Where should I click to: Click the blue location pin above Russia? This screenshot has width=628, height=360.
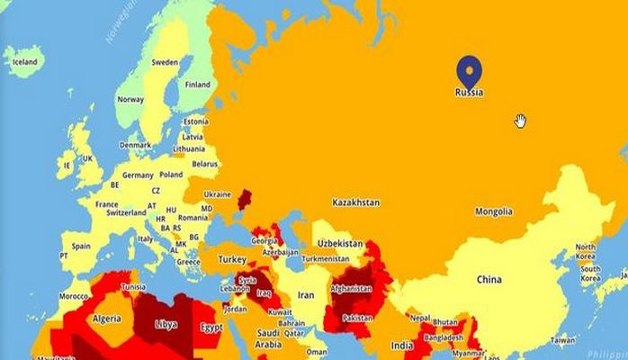point(469,70)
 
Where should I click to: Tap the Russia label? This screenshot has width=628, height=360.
point(469,92)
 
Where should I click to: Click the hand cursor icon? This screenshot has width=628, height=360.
point(520,121)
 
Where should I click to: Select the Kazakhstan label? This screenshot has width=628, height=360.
point(355,202)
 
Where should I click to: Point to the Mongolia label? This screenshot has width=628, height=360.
point(494,211)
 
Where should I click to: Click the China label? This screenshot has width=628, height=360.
point(489,280)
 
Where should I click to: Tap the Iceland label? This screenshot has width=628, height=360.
point(24,62)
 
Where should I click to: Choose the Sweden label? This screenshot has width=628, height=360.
point(165,63)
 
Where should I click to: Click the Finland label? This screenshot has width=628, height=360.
point(197,85)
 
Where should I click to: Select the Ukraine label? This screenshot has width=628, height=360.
point(217,193)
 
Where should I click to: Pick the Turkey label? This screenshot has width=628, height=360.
point(232,259)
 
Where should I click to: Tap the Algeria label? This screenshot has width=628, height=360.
point(107,319)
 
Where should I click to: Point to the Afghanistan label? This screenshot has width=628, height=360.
point(351,288)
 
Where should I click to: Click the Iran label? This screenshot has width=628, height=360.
point(306,294)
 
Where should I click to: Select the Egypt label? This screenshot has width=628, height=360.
point(211,328)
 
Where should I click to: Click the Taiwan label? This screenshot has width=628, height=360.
point(562,340)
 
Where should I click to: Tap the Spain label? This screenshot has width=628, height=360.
point(81,246)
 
